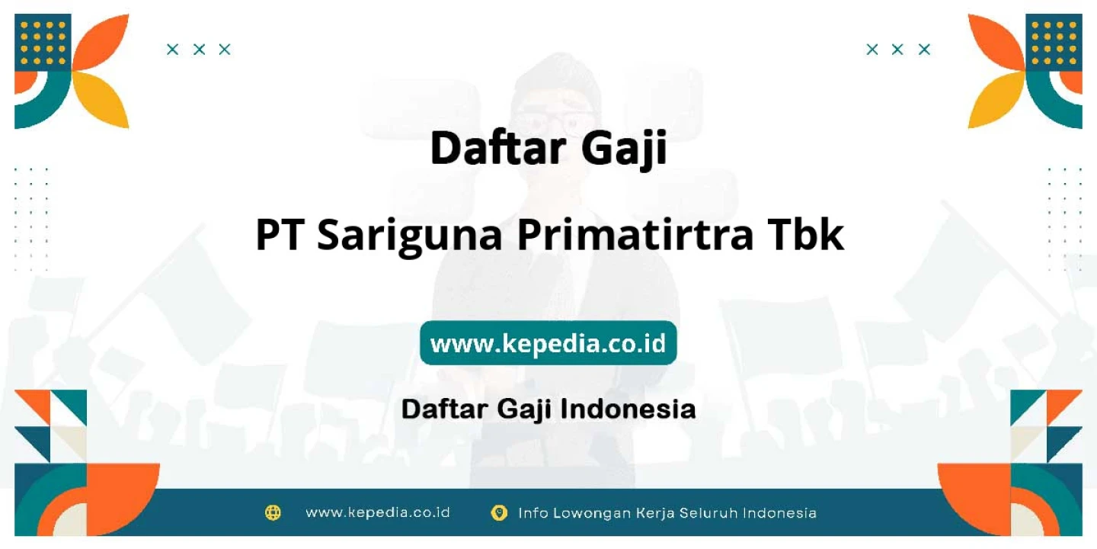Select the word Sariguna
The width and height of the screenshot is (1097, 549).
coord(409,236)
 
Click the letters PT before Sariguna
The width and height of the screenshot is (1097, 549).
coord(279,235)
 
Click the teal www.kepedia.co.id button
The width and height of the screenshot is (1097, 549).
coord(548,342)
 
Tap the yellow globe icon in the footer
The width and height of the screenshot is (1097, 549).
coord(273,512)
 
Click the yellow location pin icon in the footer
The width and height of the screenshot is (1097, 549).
coord(499,512)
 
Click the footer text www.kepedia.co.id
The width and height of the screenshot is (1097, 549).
coord(378,512)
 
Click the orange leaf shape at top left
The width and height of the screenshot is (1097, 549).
coord(104,42)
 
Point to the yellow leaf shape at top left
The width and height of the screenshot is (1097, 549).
coord(104,98)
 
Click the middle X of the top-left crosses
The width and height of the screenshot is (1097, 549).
coord(199,50)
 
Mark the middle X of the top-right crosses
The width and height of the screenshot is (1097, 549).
coord(897,50)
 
